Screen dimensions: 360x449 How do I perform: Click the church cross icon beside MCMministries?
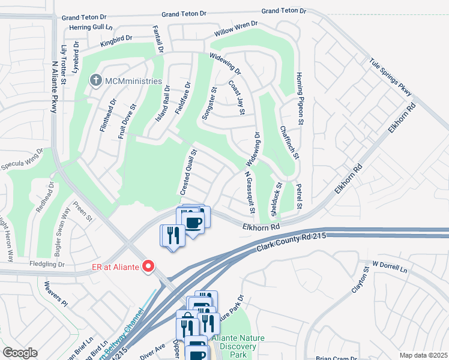(x=95, y=80)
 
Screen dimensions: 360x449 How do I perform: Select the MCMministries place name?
(x=133, y=81)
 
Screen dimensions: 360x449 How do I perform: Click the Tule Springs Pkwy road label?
(x=390, y=76)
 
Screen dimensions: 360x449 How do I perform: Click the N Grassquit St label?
(x=249, y=193)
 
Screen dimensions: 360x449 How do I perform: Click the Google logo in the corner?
(x=20, y=353)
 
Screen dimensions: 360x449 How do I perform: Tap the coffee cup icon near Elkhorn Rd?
(x=193, y=223)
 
